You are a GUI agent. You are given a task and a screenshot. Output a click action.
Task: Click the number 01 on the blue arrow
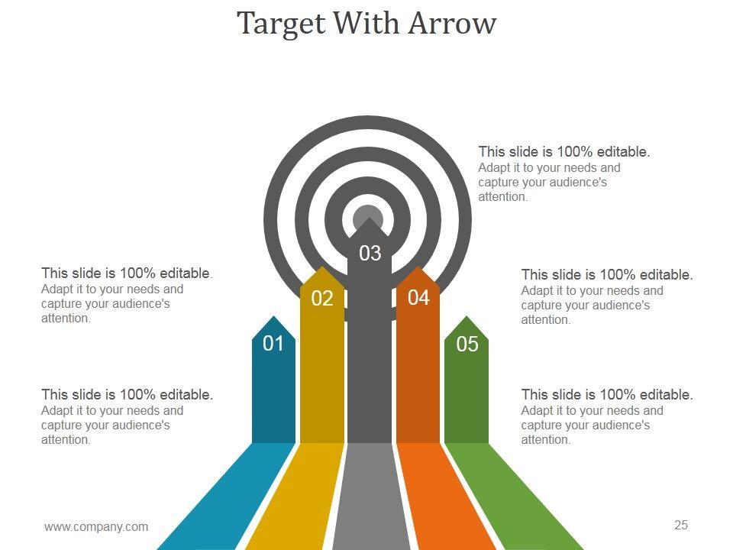click(x=273, y=344)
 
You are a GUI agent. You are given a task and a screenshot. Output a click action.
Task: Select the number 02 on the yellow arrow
click(x=322, y=299)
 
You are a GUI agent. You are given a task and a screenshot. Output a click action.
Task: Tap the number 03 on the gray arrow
click(x=370, y=253)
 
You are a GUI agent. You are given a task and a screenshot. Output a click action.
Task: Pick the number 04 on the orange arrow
click(x=418, y=298)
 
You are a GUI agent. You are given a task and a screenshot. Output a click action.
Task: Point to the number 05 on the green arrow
click(x=467, y=345)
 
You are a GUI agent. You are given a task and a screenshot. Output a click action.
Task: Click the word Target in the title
click(x=281, y=24)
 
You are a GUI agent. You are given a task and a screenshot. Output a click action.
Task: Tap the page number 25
click(x=681, y=525)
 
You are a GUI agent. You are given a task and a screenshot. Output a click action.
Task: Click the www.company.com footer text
click(x=96, y=526)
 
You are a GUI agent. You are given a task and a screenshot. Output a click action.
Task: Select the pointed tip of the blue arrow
click(x=273, y=317)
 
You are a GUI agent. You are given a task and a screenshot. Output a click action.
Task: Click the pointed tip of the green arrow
click(x=467, y=317)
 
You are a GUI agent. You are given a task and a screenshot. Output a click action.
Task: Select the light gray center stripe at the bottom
click(x=370, y=497)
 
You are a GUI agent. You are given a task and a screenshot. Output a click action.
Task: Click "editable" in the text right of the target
click(x=619, y=152)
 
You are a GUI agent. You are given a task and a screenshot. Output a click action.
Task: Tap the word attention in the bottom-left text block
click(x=66, y=440)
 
